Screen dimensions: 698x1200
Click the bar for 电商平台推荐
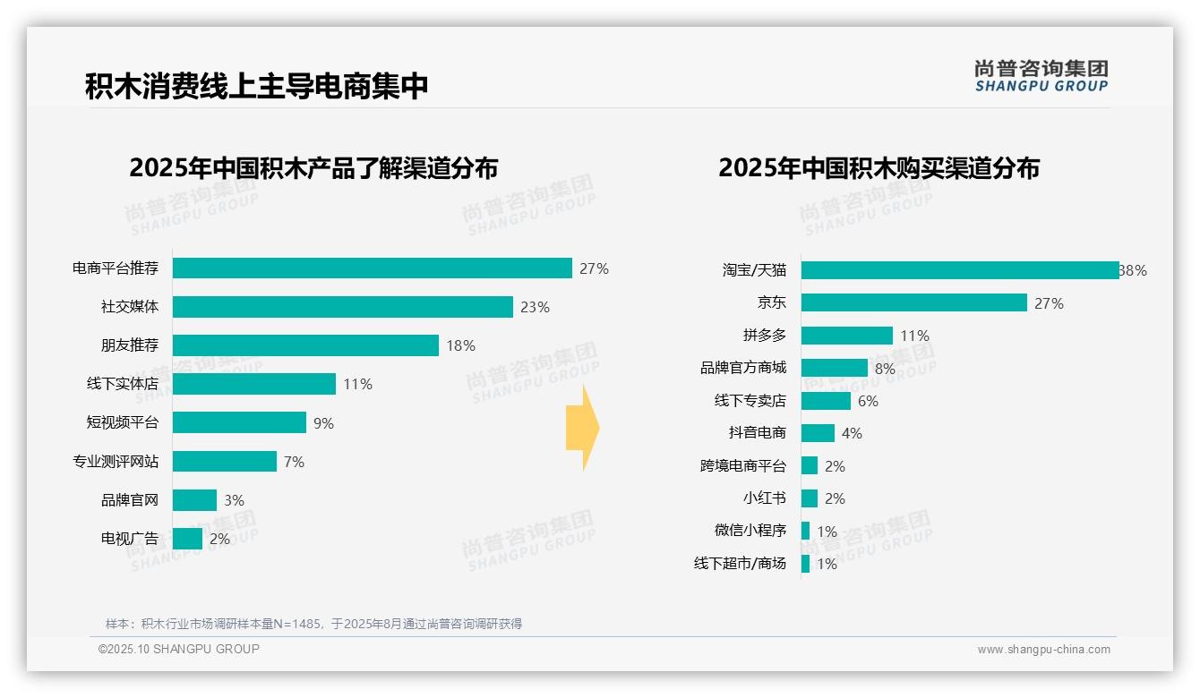pos(372,268)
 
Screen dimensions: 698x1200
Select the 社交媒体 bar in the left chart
pos(342,307)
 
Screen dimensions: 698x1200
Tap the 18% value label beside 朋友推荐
pos(460,345)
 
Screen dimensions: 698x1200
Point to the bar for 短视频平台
pos(239,422)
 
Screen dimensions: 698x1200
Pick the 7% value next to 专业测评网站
pos(294,462)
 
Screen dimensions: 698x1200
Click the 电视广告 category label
pos(129,539)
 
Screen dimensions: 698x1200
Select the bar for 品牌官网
pos(194,500)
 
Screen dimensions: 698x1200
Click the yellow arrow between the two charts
pos(582,428)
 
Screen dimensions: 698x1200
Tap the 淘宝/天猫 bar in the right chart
pos(959,270)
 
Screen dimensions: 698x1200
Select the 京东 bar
pos(913,302)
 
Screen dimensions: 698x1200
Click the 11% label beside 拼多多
pos(914,336)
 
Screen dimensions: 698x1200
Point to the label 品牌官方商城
pos(742,368)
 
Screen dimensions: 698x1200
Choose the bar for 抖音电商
pos(817,433)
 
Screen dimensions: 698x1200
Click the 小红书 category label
pos(764,498)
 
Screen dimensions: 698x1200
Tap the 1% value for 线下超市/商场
pos(827,564)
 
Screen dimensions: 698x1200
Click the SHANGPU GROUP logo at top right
pos(1041,76)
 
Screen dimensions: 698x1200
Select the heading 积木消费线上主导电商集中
pos(257,87)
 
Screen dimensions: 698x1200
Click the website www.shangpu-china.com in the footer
pos(1043,650)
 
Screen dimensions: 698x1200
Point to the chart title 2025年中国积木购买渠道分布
pos(879,168)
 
